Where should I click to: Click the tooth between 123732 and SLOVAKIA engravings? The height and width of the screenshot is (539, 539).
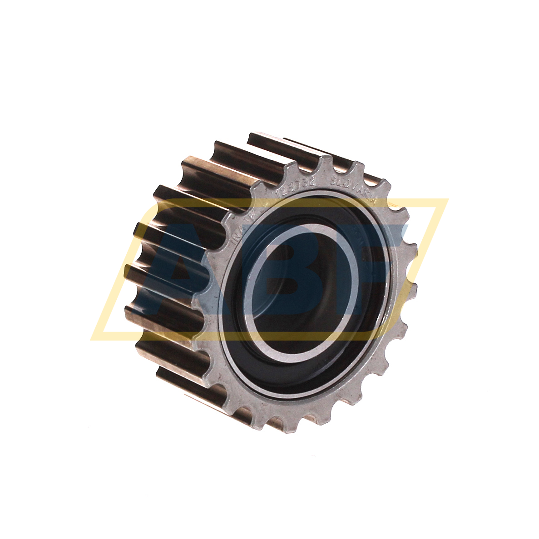pyautogui.click(x=324, y=166)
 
